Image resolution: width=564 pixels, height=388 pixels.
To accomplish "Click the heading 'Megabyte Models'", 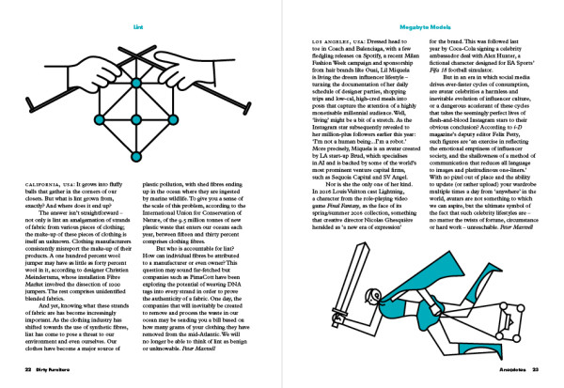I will tap(423, 16).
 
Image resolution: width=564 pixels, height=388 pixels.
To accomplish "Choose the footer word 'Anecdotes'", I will tap(508, 372).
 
